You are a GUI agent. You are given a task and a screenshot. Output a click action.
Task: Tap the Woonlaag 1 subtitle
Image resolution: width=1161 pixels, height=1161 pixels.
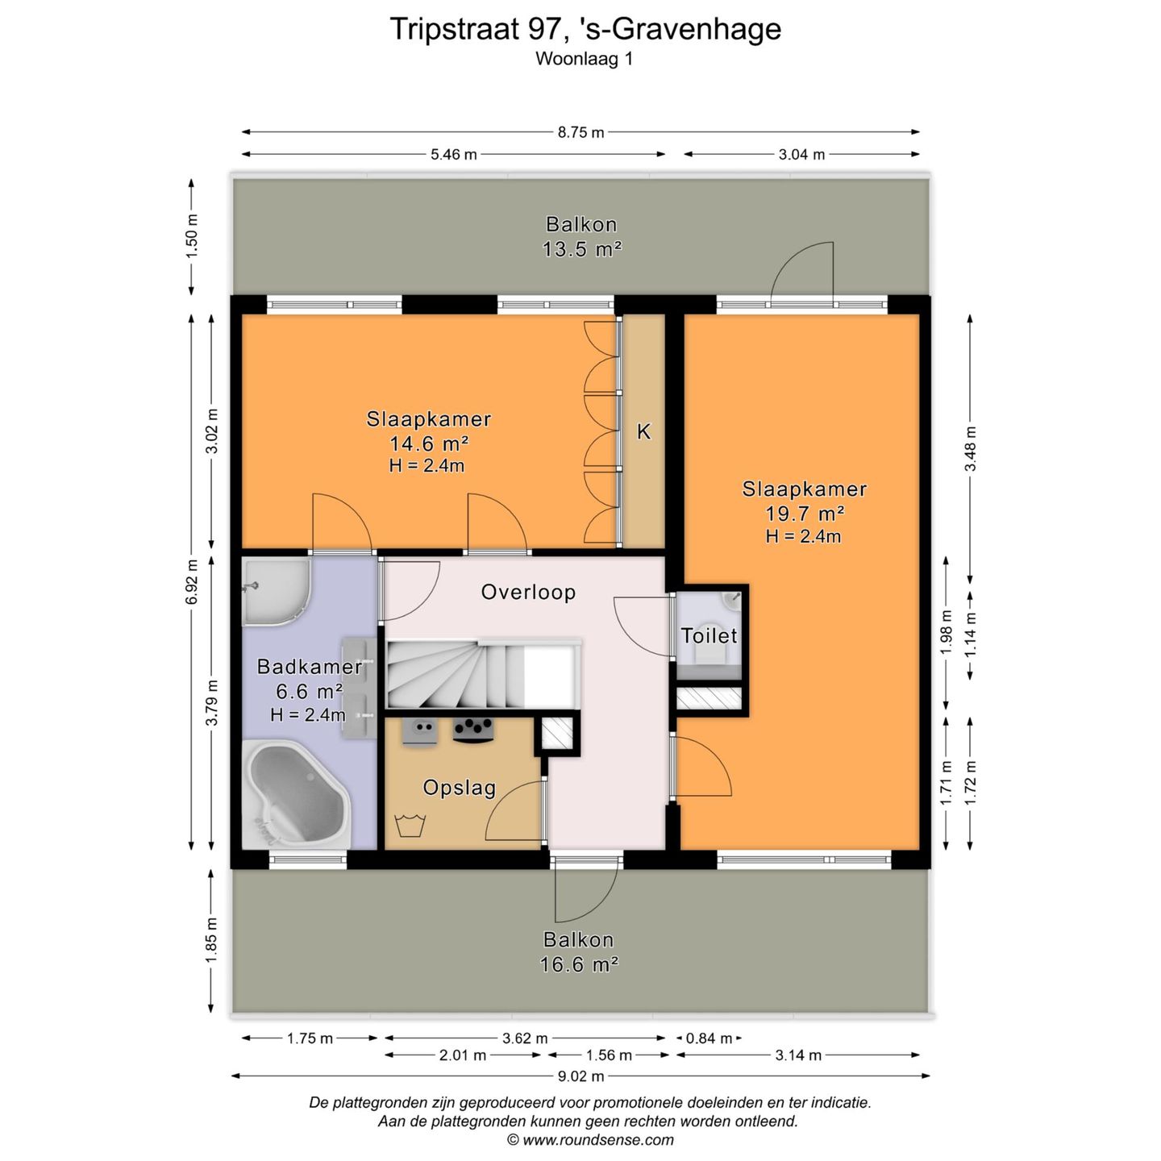584,59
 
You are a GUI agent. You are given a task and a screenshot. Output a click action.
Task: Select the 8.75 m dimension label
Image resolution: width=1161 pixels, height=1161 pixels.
580,132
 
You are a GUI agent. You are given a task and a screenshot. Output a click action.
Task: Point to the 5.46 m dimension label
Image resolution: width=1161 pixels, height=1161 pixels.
453,154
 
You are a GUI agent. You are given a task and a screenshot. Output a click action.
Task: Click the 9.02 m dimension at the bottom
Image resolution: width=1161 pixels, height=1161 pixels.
580,1076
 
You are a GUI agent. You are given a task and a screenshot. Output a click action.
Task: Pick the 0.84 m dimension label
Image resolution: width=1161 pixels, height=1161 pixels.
709,1038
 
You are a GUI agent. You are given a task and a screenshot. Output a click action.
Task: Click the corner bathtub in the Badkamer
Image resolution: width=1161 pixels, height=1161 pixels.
296,794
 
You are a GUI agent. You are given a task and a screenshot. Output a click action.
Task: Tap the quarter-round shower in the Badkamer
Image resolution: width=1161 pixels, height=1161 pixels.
277,590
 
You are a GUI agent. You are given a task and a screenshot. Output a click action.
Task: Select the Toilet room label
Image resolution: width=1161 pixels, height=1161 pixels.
709,635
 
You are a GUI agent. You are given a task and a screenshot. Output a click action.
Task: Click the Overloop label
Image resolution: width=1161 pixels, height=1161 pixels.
528,593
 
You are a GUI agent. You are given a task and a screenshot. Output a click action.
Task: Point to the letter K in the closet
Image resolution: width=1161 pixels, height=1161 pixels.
643,431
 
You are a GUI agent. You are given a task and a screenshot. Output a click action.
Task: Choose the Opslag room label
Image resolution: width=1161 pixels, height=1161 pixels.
459,788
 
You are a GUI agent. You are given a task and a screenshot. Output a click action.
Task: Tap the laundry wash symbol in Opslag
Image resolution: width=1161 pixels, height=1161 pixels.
410,825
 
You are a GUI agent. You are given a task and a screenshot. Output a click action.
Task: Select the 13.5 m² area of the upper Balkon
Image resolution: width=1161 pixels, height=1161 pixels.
581,249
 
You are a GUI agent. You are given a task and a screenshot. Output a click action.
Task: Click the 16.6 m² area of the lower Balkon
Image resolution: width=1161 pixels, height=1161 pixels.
578,965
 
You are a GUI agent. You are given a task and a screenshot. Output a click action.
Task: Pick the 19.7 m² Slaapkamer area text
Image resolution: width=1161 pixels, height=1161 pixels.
805,514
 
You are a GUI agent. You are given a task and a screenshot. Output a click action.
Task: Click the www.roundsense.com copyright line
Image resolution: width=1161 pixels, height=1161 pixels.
590,1140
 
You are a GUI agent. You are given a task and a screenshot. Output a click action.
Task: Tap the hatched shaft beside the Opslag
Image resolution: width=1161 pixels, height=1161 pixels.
557,734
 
